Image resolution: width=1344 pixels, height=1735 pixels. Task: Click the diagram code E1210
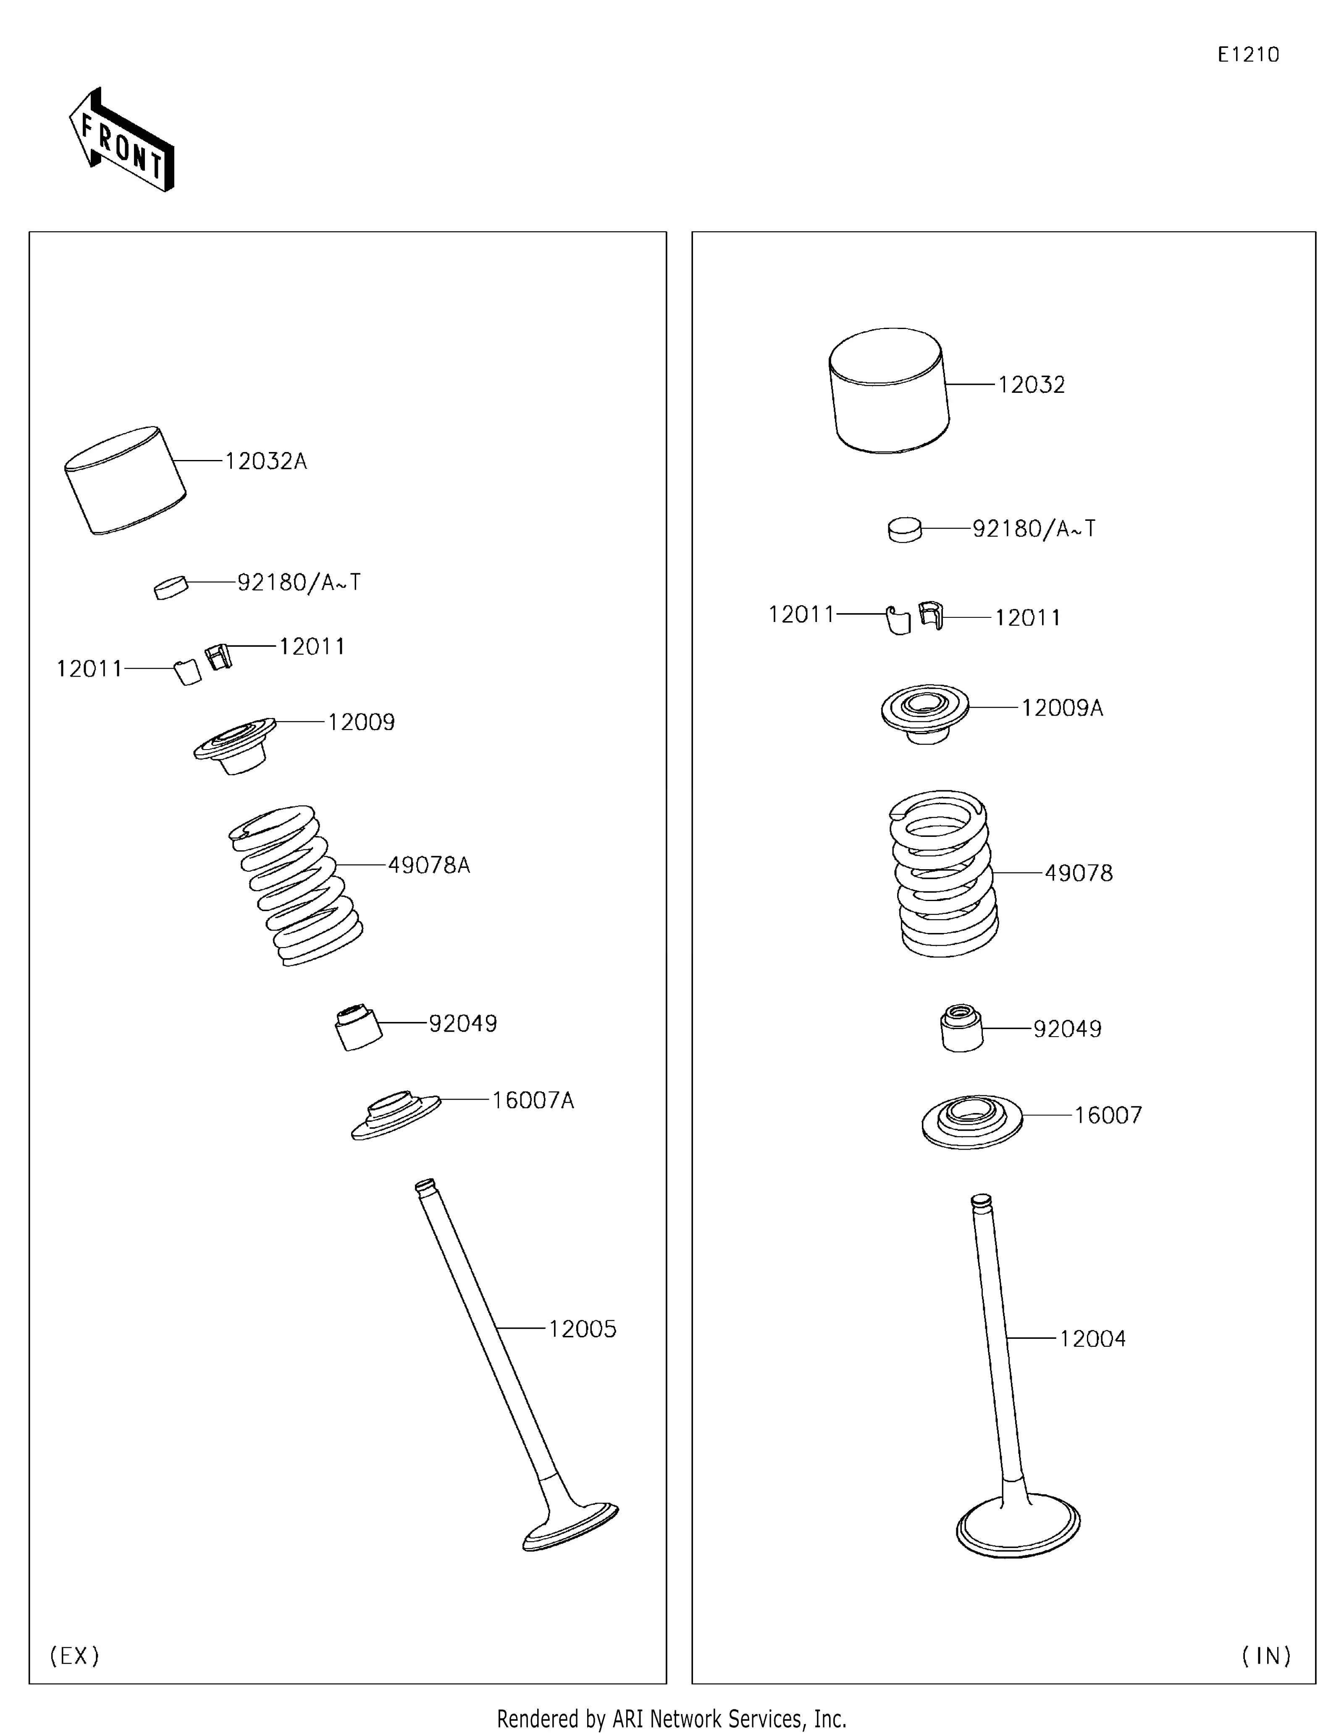(x=1248, y=55)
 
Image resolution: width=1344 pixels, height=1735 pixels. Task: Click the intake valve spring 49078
(x=943, y=874)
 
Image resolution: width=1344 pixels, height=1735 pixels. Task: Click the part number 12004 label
(x=1092, y=1338)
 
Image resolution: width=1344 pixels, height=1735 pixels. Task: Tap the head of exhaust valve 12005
(x=571, y=1527)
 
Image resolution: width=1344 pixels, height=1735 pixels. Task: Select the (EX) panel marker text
(x=75, y=1656)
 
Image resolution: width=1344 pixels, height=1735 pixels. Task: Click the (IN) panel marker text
(x=1266, y=1656)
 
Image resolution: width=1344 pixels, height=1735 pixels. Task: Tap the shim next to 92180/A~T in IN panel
(x=905, y=530)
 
